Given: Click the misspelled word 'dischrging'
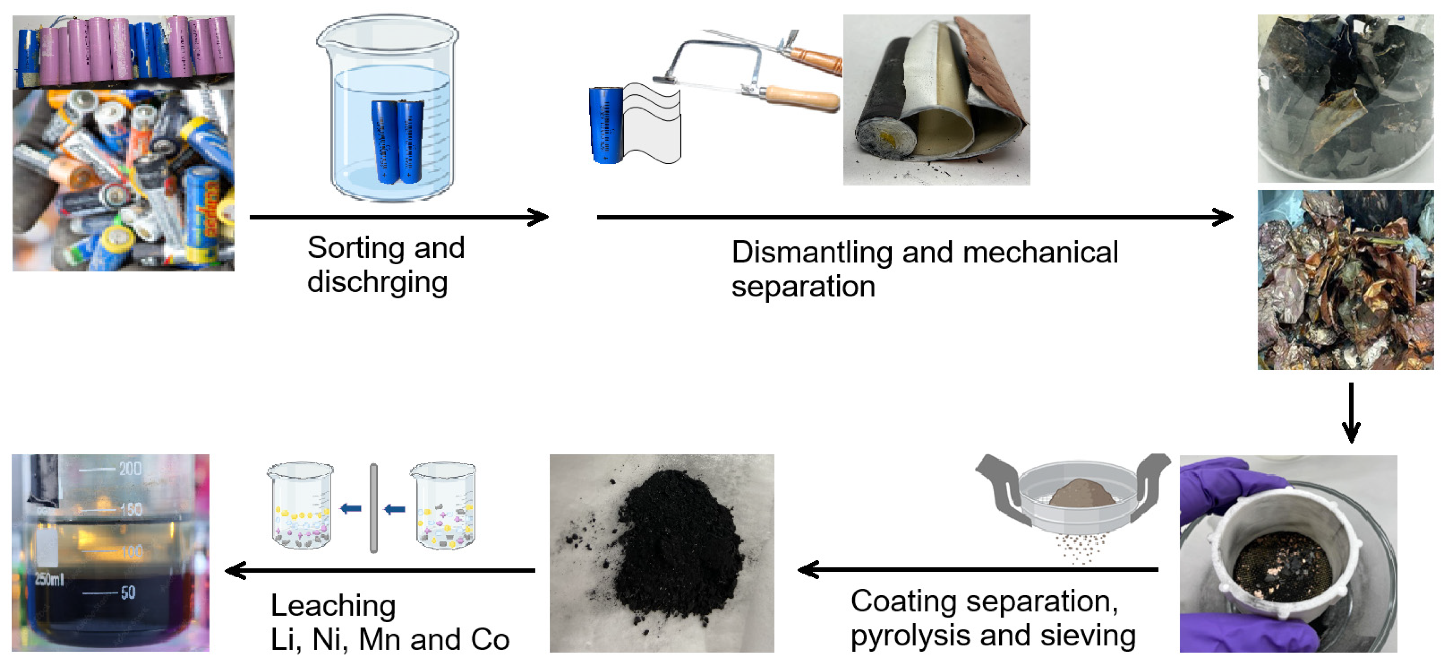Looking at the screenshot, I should click(x=377, y=282).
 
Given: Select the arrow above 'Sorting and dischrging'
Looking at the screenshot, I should click(x=399, y=217).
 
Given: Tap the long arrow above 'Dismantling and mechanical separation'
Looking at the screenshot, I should click(x=914, y=217).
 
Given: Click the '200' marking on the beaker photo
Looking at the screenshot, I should click(x=130, y=469).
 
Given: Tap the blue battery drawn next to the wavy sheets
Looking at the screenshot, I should click(x=606, y=125).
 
